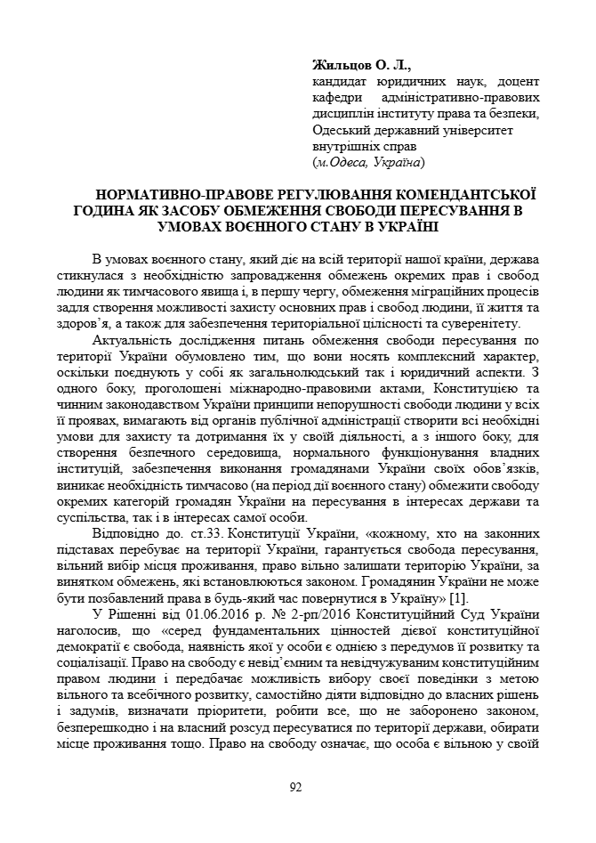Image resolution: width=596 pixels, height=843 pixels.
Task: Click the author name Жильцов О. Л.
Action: pos(362,65)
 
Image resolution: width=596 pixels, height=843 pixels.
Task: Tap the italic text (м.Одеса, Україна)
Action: pos(368,162)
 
